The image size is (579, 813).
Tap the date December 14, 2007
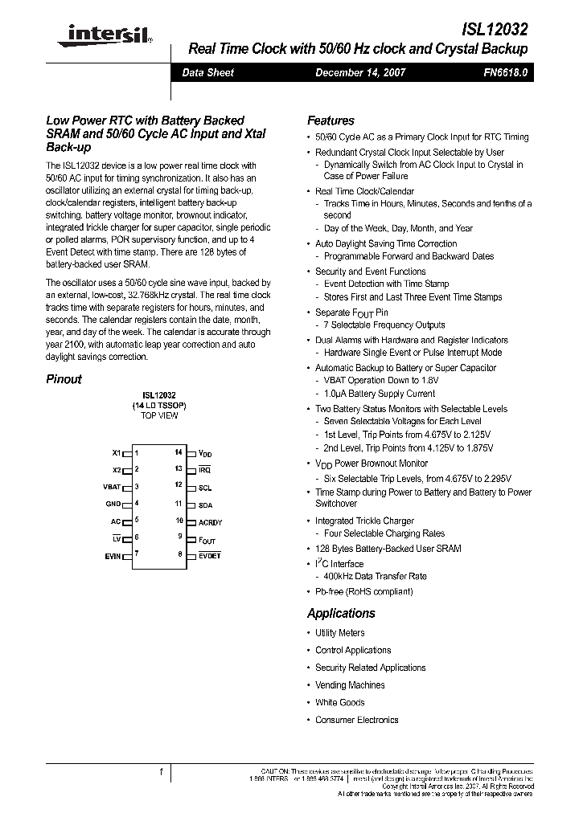click(360, 72)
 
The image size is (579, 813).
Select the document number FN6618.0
click(506, 72)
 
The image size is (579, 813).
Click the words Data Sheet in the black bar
click(208, 72)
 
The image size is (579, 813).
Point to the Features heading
click(331, 121)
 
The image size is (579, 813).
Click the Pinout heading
click(64, 379)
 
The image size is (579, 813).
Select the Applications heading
click(341, 613)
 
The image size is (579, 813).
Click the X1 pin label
click(117, 453)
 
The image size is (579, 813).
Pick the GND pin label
click(113, 504)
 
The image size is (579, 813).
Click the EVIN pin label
click(113, 554)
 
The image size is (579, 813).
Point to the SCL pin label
click(205, 488)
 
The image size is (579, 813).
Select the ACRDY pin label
click(210, 522)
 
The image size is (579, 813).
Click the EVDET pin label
click(209, 555)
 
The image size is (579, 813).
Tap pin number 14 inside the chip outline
click(179, 453)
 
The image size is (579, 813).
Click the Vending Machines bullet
click(350, 685)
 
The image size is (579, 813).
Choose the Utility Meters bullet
click(339, 633)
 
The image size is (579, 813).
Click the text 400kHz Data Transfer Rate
click(375, 576)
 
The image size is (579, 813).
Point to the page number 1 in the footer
click(161, 772)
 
